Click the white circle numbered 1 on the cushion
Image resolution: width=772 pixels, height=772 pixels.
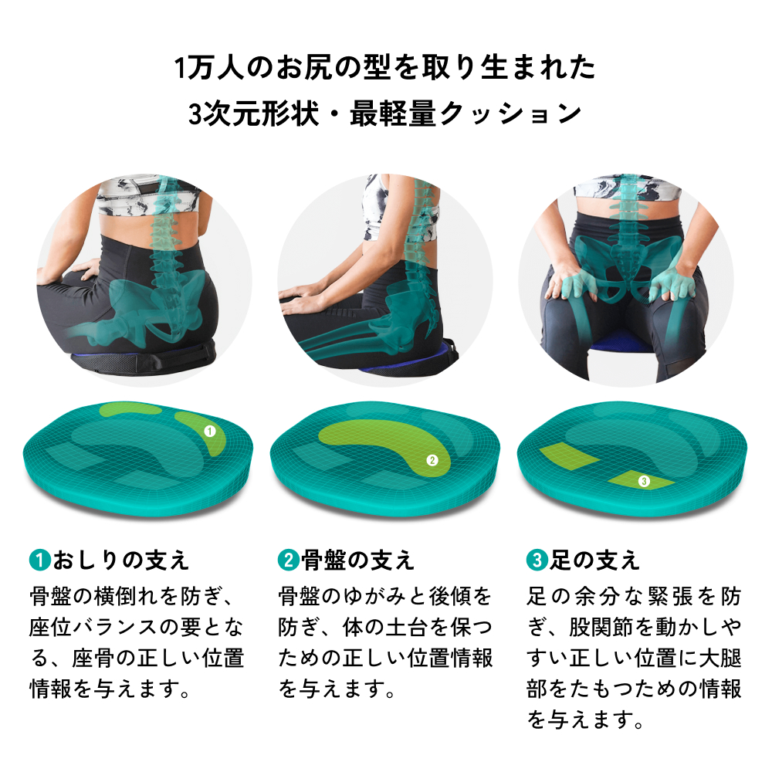pos(209,432)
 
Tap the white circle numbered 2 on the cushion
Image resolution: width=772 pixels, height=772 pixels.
pos(432,461)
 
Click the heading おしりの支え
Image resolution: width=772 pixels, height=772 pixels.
pos(120,560)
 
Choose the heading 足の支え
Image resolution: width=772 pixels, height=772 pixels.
pos(594,560)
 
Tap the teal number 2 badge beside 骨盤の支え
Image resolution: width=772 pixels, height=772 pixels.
pos(288,560)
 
